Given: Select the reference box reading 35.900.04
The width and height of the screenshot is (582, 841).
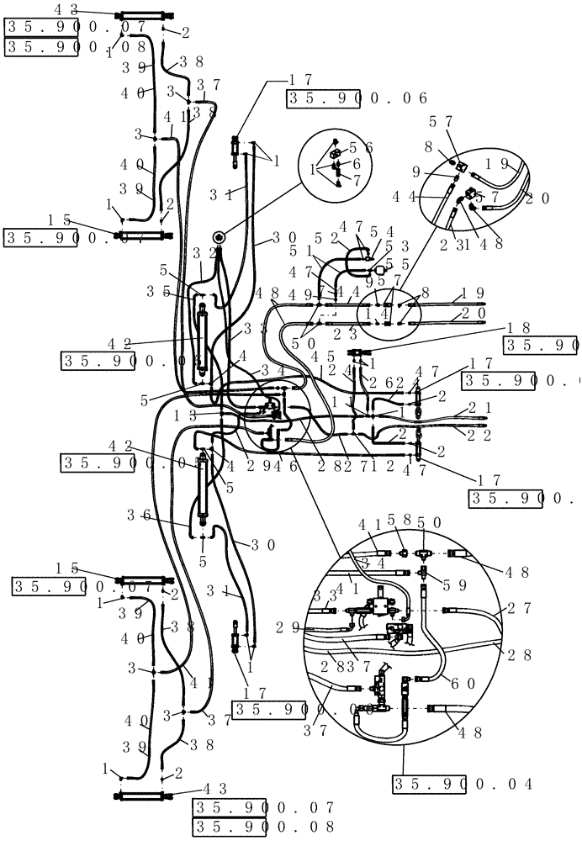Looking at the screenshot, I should (463, 784).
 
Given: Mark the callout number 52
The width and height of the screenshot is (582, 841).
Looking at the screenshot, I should (324, 238).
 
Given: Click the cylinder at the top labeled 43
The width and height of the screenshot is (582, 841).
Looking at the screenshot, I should (144, 16).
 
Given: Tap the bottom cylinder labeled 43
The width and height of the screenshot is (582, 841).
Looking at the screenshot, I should (145, 795).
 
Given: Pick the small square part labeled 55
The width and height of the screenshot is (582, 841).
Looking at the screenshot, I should (379, 271).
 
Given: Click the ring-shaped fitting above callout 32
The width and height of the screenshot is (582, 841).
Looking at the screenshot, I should (219, 238).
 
